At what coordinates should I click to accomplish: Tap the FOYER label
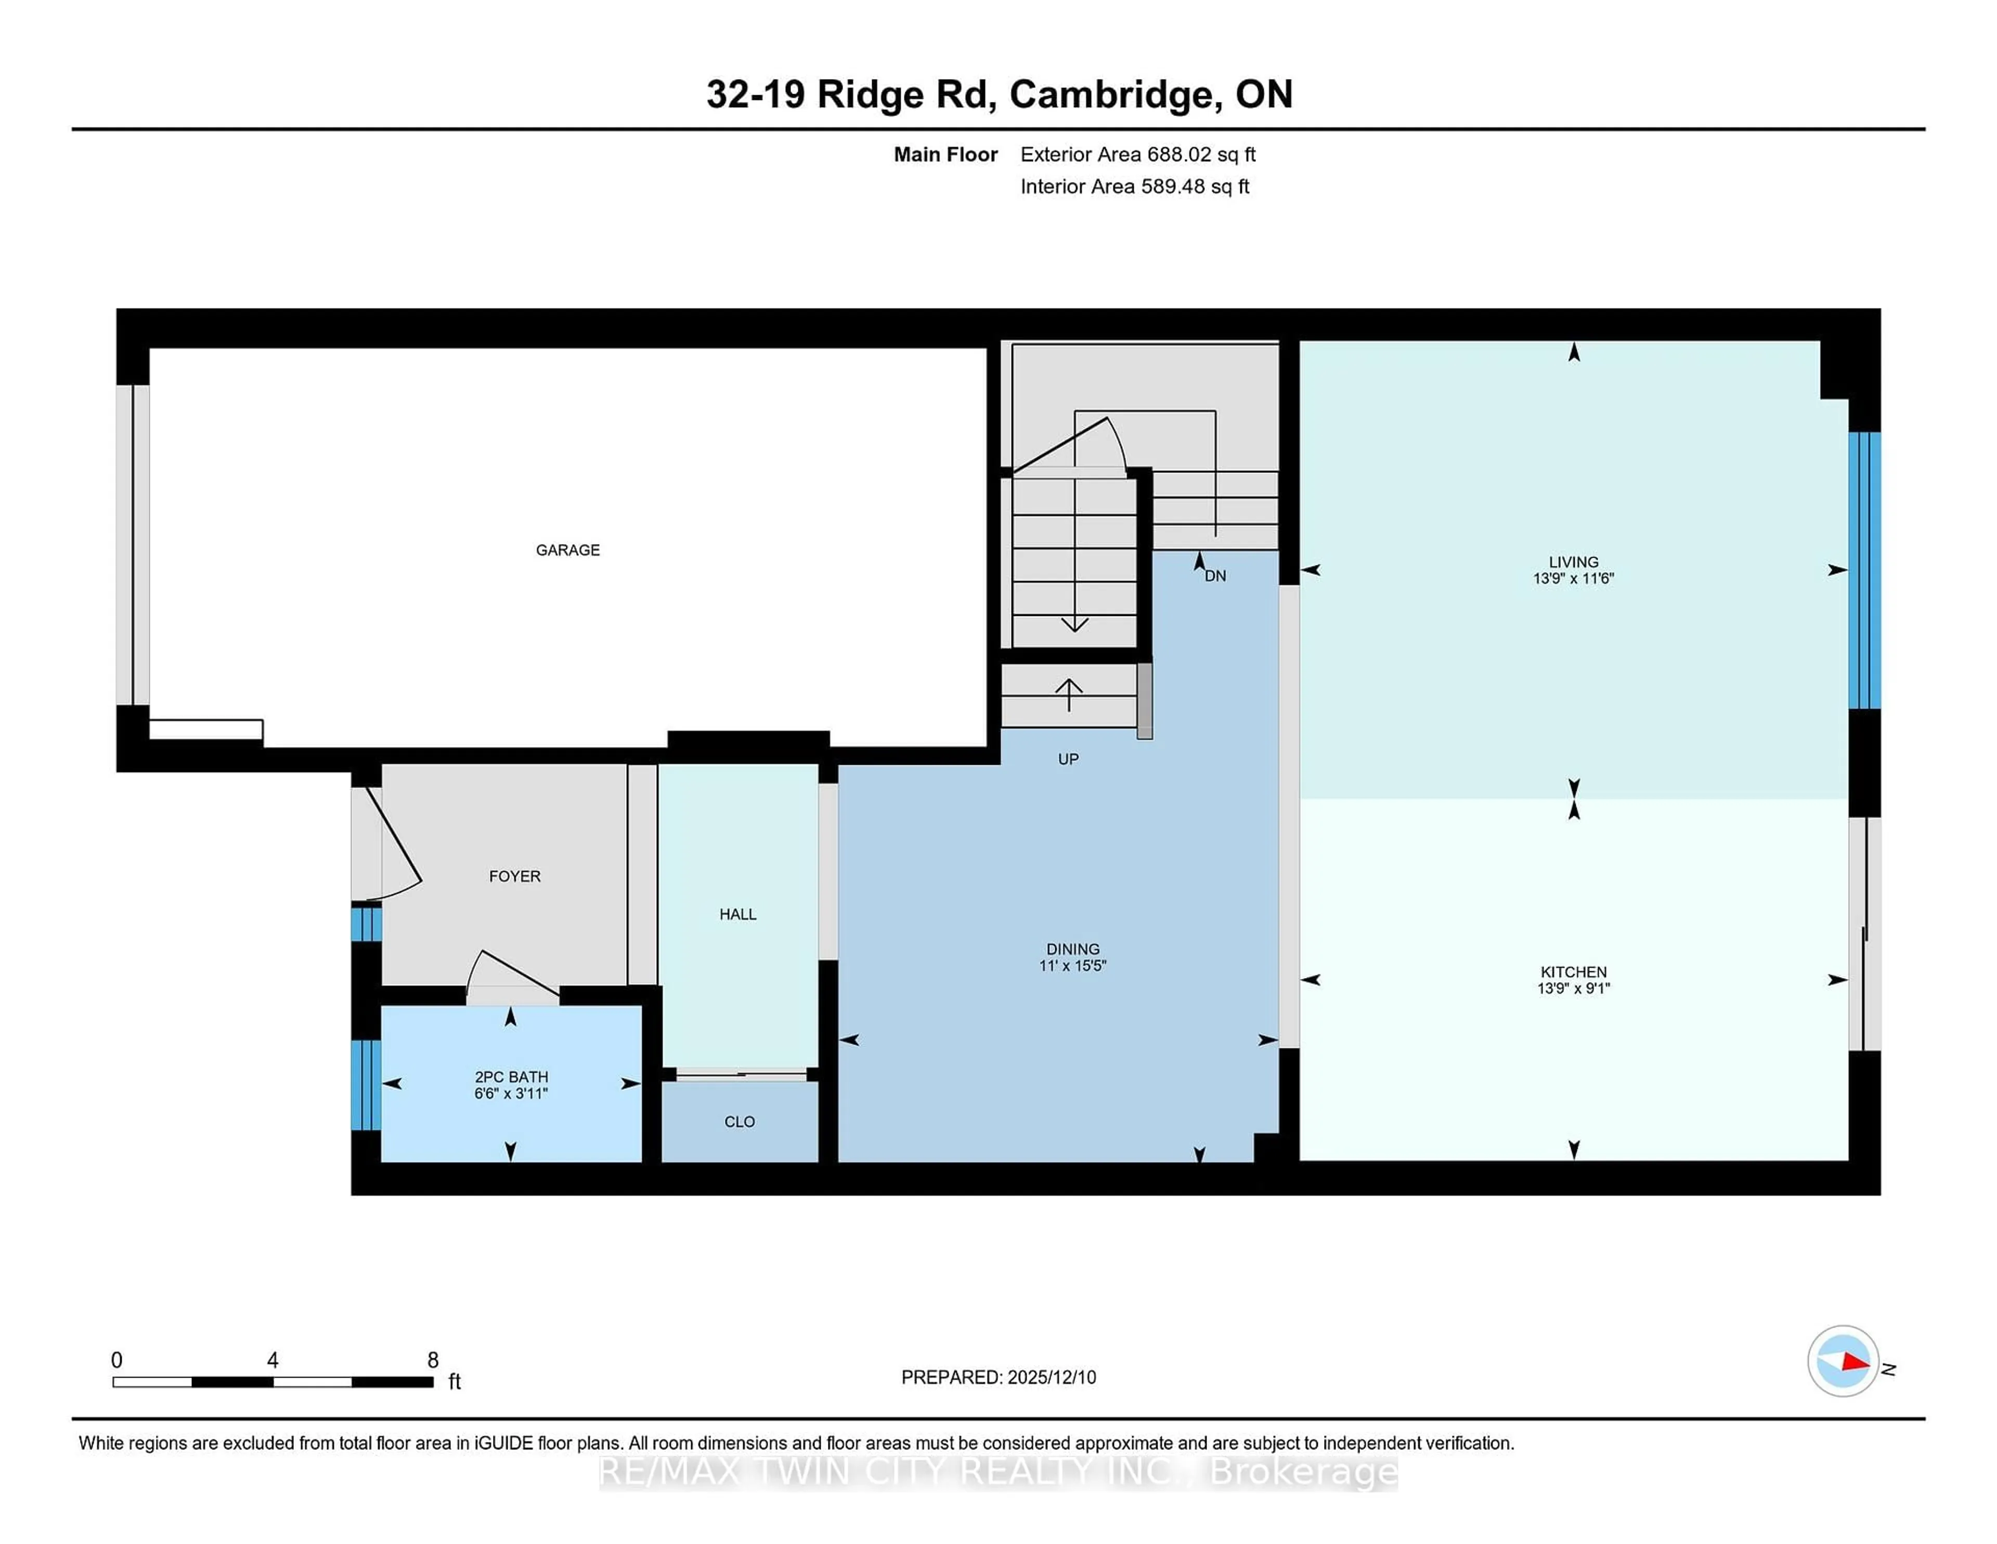515,876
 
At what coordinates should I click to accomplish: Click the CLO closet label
739,1122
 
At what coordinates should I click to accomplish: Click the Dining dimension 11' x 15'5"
1072,965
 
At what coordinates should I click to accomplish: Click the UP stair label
1068,758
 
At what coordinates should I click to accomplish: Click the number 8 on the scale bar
433,1360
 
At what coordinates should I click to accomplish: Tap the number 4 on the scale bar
273,1360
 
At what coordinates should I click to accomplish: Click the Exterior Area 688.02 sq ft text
1137,155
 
